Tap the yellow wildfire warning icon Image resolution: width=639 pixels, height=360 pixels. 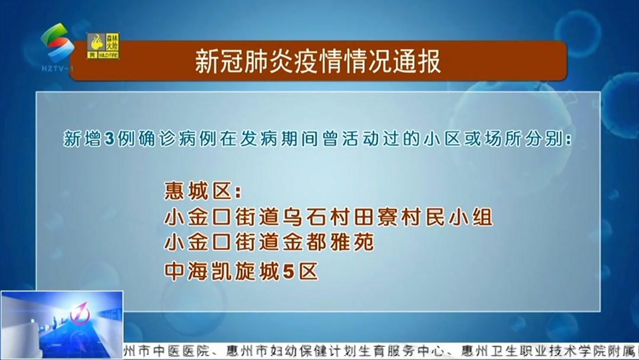coord(103,46)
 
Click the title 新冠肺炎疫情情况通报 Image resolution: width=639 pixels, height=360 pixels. coord(318,62)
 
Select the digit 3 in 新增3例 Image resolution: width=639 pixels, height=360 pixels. coord(108,140)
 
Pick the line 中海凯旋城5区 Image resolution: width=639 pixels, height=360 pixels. coord(241,271)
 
